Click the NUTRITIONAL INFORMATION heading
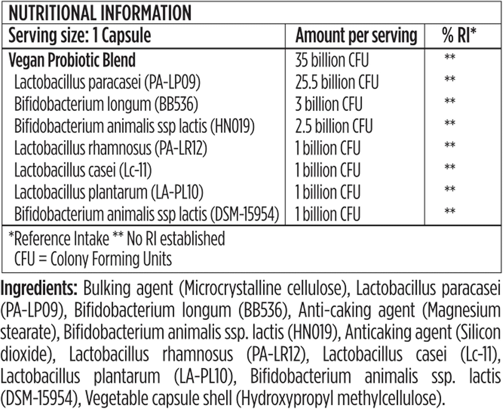click(x=100, y=13)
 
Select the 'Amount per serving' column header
click(x=356, y=36)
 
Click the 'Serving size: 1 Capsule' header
click(x=79, y=36)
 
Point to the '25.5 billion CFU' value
click(x=337, y=82)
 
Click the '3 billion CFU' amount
click(x=329, y=104)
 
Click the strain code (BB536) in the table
click(x=176, y=104)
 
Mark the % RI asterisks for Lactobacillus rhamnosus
click(x=450, y=145)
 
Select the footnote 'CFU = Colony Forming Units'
click(x=93, y=259)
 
